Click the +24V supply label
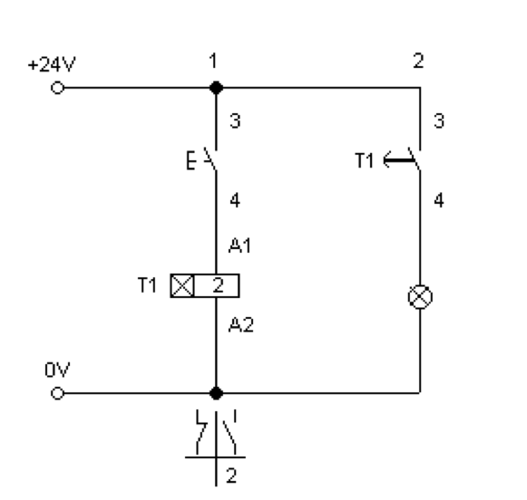[x=52, y=64]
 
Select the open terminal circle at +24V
[x=57, y=88]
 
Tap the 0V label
[x=57, y=370]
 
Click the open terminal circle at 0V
[x=57, y=393]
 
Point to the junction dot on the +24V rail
[x=216, y=88]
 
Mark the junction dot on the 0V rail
[x=216, y=393]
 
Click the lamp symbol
[x=420, y=297]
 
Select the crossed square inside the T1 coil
[x=182, y=286]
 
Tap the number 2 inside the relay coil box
[x=218, y=285]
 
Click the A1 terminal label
[x=239, y=245]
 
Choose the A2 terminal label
[x=241, y=325]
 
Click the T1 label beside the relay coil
[x=147, y=285]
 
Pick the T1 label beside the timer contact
[x=365, y=160]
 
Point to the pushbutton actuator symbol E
[x=190, y=160]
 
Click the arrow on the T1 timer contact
[x=400, y=160]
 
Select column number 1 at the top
[x=213, y=61]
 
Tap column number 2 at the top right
[x=418, y=61]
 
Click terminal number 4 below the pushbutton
[x=235, y=200]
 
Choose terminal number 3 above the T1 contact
[x=439, y=120]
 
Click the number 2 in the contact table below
[x=231, y=476]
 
